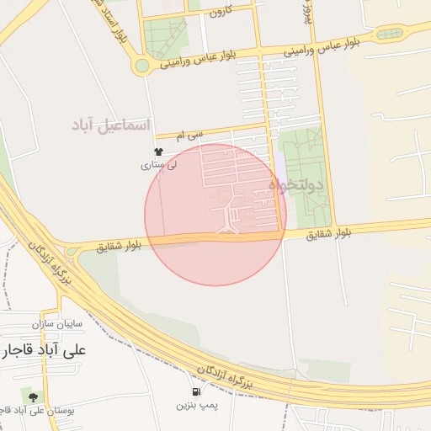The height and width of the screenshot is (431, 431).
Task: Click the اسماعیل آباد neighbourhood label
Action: [x=111, y=126]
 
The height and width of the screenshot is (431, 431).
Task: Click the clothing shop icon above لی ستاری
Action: [x=155, y=154]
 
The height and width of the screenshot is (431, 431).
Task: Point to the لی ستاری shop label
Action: [x=160, y=167]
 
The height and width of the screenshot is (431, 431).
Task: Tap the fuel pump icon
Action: [x=196, y=391]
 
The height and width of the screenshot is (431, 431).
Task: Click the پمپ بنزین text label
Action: [x=194, y=405]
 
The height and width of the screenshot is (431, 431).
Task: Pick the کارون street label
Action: [x=221, y=12]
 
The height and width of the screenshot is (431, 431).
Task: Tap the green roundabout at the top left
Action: [x=142, y=65]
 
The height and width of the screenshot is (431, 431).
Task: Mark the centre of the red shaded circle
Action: [x=215, y=215]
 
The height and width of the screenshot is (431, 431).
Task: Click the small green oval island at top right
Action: [x=389, y=34]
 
